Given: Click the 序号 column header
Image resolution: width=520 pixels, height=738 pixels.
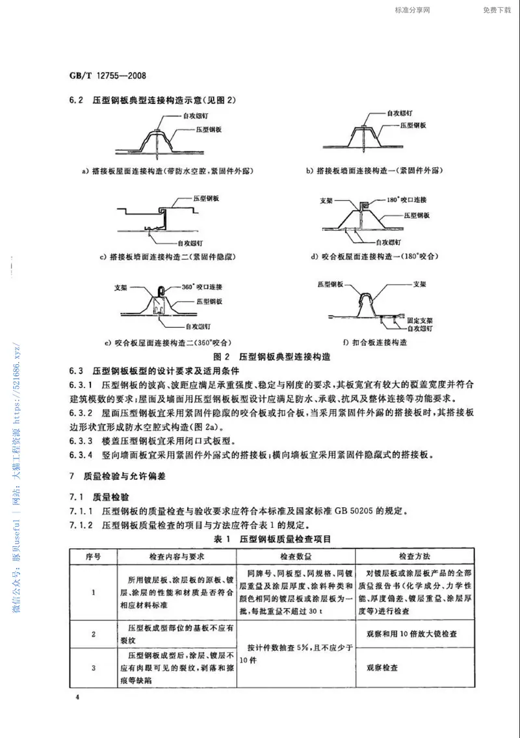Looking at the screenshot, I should [94, 557].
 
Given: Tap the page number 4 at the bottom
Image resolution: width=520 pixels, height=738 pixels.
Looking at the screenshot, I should [77, 698].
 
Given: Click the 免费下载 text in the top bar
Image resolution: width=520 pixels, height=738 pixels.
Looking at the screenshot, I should [497, 10].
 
